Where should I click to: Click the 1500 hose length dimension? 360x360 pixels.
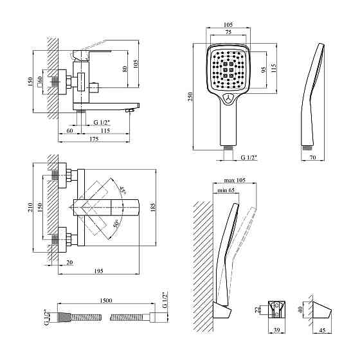coord(106,301)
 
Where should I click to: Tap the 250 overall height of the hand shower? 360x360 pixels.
coord(190,97)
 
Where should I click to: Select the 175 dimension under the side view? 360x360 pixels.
coord(94,139)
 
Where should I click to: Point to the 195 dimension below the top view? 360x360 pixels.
coord(98,271)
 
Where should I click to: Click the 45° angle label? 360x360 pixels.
coord(122,190)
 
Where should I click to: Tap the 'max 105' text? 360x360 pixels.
coord(235,180)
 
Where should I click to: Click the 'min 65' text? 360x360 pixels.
coord(226,190)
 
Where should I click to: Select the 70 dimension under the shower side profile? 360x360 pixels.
coord(312,157)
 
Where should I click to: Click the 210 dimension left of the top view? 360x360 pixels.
coord(31,207)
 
